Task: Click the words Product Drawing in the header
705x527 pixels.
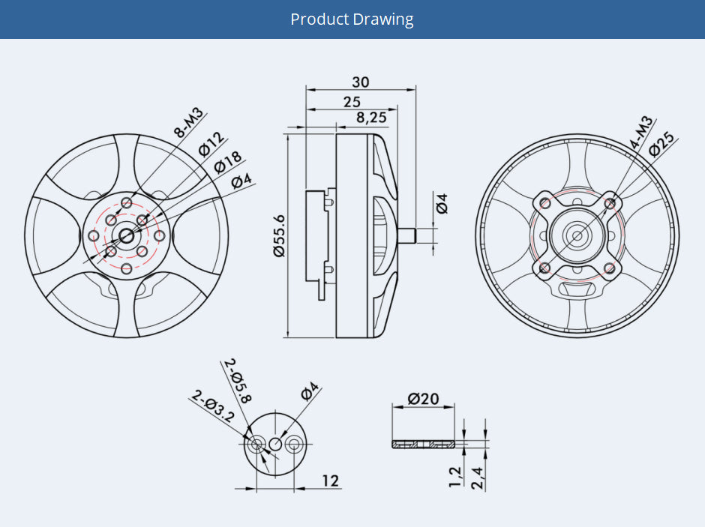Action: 352,19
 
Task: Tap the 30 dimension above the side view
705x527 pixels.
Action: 361,82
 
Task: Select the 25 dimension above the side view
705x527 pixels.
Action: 352,101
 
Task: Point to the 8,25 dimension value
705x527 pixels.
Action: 371,117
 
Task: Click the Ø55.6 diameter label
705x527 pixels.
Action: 280,235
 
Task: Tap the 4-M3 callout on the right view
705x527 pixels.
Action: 641,133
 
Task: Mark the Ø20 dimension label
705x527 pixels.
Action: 424,398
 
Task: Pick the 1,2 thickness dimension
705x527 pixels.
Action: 454,475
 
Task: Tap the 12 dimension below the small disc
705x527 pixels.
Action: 331,481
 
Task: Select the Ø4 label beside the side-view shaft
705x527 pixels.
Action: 442,203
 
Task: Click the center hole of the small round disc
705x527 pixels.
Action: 275,445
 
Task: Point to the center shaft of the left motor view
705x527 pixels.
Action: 125,235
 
